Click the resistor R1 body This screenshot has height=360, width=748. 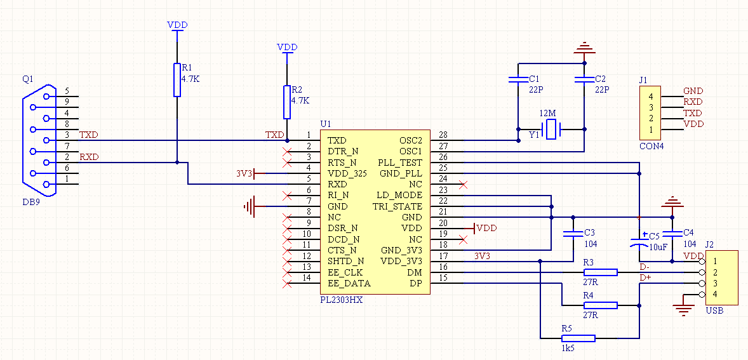[x=177, y=79]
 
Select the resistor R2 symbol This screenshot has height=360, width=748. [x=287, y=102]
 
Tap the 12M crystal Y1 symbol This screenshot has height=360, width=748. [x=552, y=130]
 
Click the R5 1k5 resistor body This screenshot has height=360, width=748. [x=578, y=338]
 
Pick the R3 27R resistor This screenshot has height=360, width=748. [x=601, y=272]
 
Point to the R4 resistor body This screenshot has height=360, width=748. [x=601, y=305]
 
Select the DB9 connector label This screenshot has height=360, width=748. [x=32, y=202]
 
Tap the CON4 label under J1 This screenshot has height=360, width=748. [x=651, y=146]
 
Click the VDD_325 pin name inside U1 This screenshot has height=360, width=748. [x=347, y=173]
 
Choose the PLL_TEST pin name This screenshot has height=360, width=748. [x=400, y=162]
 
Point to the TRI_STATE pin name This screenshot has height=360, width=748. [x=397, y=206]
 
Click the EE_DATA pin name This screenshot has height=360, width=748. [x=349, y=284]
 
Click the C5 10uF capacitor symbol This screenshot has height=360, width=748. [x=639, y=241]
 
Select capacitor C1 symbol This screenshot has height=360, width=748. [x=518, y=79]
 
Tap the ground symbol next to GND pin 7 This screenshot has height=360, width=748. [x=250, y=206]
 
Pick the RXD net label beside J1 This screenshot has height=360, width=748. [x=693, y=102]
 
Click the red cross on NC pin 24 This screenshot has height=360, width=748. [x=462, y=184]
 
